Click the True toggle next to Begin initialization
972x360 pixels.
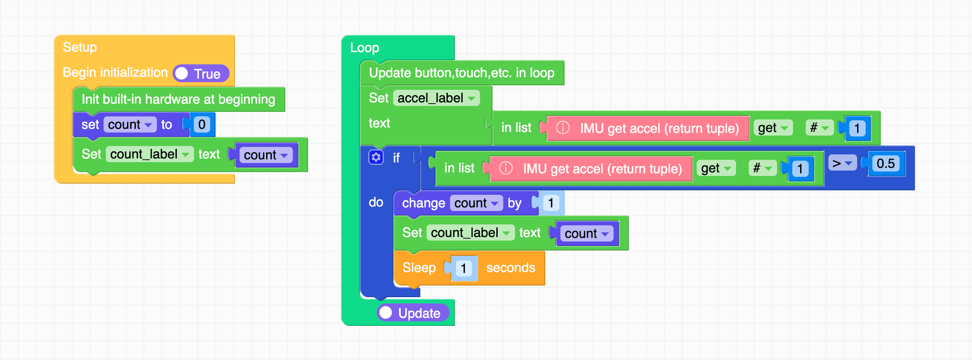tap(201, 74)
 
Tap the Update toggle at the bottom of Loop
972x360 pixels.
tap(412, 313)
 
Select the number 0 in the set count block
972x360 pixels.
tap(201, 124)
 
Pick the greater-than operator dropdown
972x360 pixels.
tap(842, 163)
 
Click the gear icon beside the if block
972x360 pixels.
tap(376, 158)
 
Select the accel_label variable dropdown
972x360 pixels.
tap(436, 98)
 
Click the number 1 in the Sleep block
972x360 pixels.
tap(463, 268)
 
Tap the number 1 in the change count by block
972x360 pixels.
tap(551, 203)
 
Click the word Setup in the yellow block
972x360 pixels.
tap(80, 47)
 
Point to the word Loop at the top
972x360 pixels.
tap(364, 48)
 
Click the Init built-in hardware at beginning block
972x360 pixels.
tap(178, 99)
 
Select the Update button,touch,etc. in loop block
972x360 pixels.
tap(461, 73)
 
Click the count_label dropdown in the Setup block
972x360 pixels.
tap(149, 154)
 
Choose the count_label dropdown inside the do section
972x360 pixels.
tap(470, 233)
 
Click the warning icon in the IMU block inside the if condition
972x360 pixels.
tap(506, 168)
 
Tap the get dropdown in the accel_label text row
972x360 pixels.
tap(772, 128)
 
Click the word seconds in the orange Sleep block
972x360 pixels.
tap(510, 268)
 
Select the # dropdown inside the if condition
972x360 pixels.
tap(762, 168)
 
